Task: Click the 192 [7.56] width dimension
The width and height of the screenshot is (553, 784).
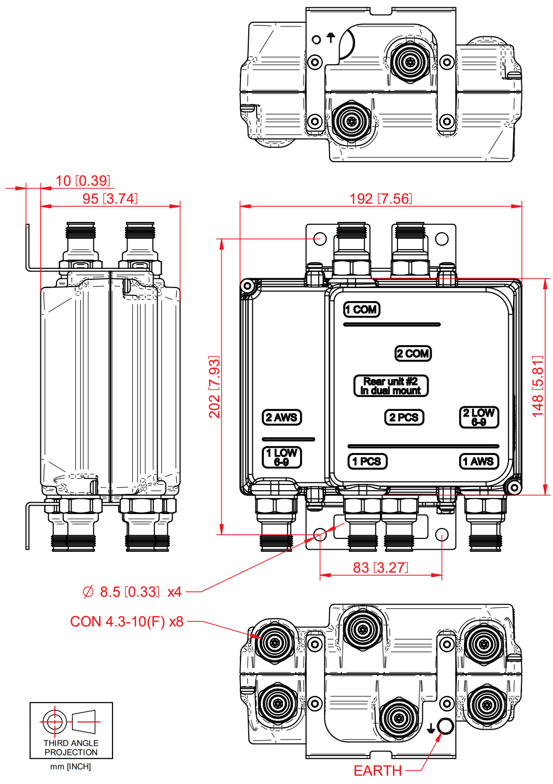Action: (380, 199)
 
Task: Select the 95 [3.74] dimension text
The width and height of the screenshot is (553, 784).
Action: (110, 199)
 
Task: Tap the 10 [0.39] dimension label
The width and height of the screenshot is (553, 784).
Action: (83, 181)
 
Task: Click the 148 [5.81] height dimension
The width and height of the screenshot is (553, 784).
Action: (538, 386)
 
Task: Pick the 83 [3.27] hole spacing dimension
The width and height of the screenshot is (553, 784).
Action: (380, 568)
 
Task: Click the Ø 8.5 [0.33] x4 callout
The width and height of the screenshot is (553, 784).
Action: (132, 592)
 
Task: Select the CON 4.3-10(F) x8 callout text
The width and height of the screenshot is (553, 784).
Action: (127, 622)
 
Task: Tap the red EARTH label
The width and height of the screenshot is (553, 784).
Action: (377, 771)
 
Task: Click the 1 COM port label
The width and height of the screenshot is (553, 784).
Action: (362, 310)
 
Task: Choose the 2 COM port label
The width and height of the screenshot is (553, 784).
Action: (413, 354)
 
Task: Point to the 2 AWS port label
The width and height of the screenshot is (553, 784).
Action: (281, 418)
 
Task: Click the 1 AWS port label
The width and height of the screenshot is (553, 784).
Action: (479, 462)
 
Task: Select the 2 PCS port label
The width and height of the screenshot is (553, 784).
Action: (404, 418)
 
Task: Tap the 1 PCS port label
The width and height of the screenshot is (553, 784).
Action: (367, 462)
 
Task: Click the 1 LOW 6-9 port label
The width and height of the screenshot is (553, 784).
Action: (281, 458)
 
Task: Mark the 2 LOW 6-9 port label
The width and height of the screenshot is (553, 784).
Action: (479, 417)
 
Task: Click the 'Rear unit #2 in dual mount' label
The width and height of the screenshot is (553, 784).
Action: (391, 386)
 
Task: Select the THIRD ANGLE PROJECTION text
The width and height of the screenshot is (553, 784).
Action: (71, 748)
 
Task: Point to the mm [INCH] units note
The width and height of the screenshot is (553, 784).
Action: (70, 767)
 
